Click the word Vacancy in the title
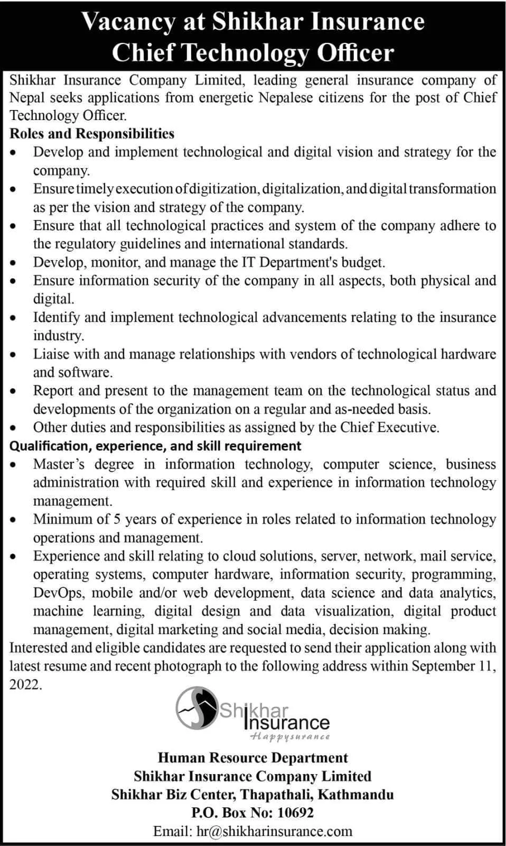128,22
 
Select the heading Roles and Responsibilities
92,134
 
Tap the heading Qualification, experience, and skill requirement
155,446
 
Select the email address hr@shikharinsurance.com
274,831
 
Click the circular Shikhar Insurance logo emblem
196,707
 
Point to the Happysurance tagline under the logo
290,736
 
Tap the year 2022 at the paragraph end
24,685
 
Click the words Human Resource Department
252,758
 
